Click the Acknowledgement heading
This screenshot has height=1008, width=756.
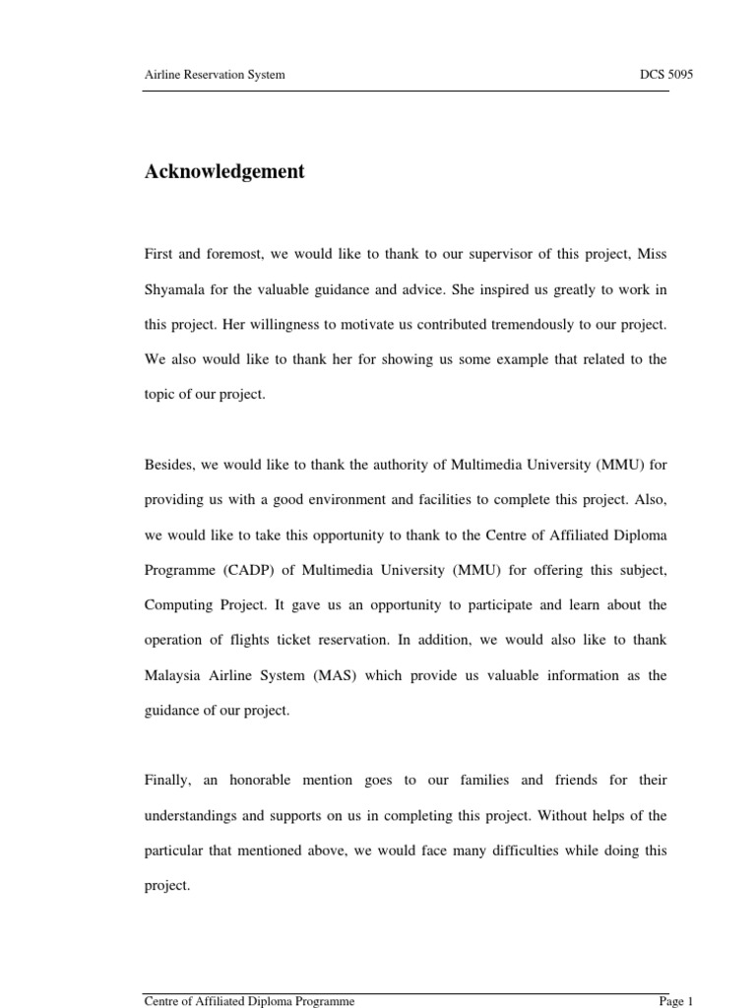click(224, 172)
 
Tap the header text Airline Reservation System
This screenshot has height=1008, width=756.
click(215, 75)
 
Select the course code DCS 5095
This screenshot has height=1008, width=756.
click(667, 75)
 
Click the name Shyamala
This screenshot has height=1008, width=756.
click(175, 289)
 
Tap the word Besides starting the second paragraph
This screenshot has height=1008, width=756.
click(169, 465)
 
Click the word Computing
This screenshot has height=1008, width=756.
click(178, 604)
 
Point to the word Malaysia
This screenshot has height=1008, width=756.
click(174, 675)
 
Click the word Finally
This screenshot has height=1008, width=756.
click(167, 780)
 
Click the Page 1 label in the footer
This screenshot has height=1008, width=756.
click(676, 1001)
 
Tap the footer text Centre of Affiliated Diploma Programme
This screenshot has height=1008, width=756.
click(249, 1001)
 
